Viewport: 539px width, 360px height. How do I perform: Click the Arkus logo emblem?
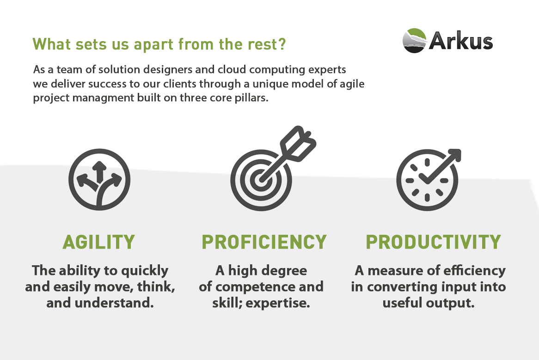tap(414, 41)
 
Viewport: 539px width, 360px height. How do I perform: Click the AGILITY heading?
tap(99, 242)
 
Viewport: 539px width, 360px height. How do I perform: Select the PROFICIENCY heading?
tap(264, 242)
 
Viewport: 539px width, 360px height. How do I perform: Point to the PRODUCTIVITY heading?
tap(433, 242)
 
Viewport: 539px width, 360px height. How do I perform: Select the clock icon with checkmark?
tap(426, 180)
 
